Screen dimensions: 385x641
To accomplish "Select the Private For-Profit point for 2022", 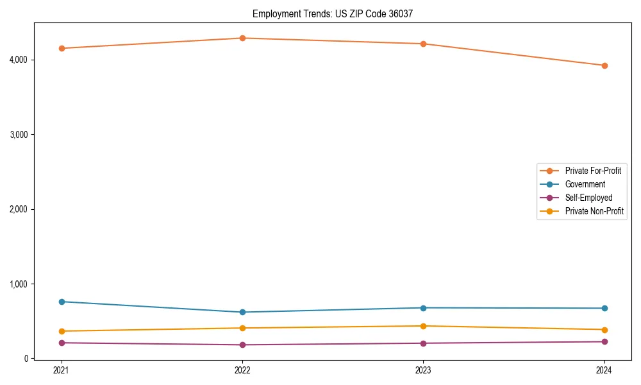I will pos(242,38).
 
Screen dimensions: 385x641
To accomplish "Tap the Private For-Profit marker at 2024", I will pos(604,65).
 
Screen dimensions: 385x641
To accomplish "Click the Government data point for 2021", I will pos(62,302).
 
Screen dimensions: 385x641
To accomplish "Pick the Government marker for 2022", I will pos(242,312).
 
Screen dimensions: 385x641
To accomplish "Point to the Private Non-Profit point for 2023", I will pos(423,326).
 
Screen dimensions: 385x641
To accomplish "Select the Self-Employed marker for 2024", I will pos(604,341).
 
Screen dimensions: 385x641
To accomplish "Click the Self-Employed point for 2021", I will pos(62,343).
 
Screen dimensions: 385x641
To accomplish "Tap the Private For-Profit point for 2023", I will pos(423,44).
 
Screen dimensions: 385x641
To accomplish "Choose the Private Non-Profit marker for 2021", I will pos(62,331).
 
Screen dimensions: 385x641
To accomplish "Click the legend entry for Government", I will pos(585,184).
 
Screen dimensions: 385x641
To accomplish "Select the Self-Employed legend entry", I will pos(588,198).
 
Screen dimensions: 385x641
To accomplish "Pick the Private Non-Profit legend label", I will pos(594,211).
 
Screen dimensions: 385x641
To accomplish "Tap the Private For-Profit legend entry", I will pos(593,171).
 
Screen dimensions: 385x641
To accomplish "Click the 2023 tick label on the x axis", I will pos(423,370).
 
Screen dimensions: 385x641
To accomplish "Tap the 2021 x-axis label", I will pos(62,370).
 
